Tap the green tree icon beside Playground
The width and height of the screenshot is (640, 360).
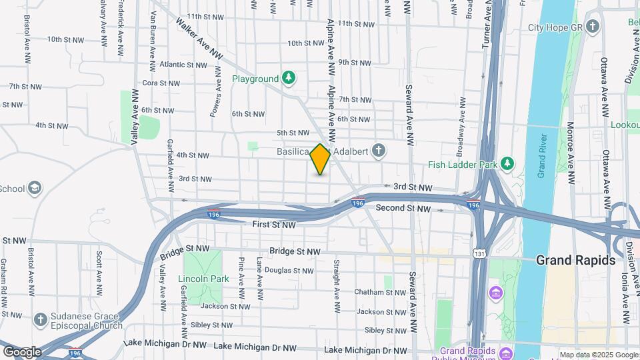click(288, 79)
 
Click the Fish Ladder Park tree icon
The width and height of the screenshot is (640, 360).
click(507, 163)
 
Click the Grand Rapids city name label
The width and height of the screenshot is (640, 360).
click(575, 260)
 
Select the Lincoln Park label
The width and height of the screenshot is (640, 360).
click(203, 278)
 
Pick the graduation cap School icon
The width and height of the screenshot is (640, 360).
click(33, 189)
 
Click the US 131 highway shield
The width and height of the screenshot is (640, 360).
click(478, 253)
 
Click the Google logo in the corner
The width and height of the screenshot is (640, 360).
click(22, 351)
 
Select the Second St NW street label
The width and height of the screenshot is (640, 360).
click(403, 209)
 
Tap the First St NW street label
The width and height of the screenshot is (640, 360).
click(273, 225)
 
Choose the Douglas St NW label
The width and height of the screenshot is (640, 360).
click(289, 271)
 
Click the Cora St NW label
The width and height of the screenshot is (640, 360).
click(161, 83)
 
